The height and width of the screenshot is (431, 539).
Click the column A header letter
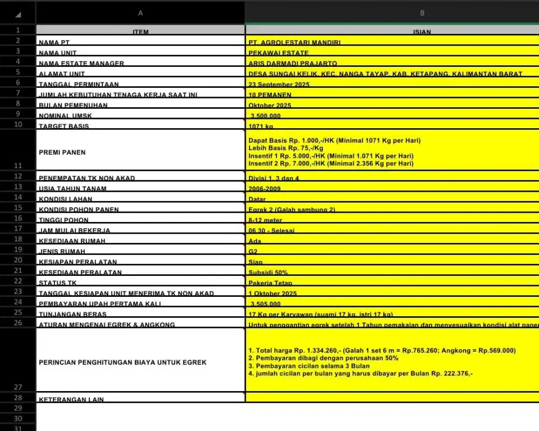tap(140, 12)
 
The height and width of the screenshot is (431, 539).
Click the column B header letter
tap(422, 12)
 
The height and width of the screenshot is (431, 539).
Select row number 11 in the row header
tap(17, 166)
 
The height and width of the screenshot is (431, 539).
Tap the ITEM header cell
tap(140, 32)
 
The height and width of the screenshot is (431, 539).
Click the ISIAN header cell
tap(422, 32)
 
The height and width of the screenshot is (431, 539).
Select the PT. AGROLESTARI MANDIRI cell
tap(294, 42)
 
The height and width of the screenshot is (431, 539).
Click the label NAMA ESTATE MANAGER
tap(81, 64)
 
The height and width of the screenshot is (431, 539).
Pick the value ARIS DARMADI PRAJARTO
tap(293, 64)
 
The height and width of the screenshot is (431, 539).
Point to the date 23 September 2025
tap(279, 85)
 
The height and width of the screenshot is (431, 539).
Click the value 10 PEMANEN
tap(270, 95)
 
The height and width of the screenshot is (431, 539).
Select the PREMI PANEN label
tap(62, 152)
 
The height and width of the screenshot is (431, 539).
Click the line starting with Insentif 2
tap(331, 163)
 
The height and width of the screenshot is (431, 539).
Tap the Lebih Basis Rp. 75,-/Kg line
tap(286, 148)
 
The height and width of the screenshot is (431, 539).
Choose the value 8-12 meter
tap(265, 220)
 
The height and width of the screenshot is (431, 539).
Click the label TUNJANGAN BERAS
tap(73, 314)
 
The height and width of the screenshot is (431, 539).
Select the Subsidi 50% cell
tap(268, 272)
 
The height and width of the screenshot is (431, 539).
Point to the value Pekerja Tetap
tap(271, 283)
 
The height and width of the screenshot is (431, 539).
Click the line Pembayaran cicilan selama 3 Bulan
tap(309, 366)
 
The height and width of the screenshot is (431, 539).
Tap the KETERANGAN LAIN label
tap(71, 399)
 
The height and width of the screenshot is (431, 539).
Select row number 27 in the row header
tap(17, 387)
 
